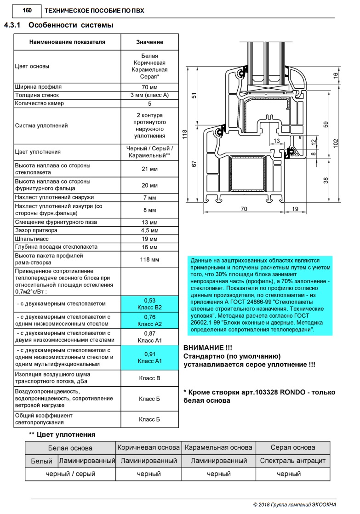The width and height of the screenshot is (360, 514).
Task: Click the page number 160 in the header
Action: pyautogui.click(x=20, y=10)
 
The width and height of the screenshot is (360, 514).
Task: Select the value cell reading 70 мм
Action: pyautogui.click(x=149, y=87)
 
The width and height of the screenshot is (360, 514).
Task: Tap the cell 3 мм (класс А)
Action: pyautogui.click(x=149, y=95)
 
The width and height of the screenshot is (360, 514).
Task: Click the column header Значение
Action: pyautogui.click(x=149, y=42)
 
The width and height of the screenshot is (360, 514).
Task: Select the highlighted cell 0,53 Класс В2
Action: pyautogui.click(x=149, y=303)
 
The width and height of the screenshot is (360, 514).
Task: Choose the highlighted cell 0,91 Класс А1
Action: pyautogui.click(x=149, y=358)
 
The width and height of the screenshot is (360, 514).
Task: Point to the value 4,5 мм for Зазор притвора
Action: pyautogui.click(x=149, y=231)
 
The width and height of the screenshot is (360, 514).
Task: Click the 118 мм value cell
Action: pyautogui.click(x=149, y=260)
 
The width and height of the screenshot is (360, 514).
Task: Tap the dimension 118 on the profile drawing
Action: pyautogui.click(x=185, y=134)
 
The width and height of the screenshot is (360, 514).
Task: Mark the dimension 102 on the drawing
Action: pyautogui.click(x=336, y=143)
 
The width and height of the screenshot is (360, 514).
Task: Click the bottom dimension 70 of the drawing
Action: pyautogui.click(x=244, y=209)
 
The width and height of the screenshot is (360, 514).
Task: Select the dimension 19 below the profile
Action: pyautogui.click(x=295, y=209)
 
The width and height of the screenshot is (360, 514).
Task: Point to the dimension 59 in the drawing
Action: pyautogui.click(x=326, y=124)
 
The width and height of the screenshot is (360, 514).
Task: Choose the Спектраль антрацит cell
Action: pyautogui.click(x=292, y=461)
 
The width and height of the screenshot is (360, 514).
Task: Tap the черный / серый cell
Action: pyautogui.click(x=70, y=474)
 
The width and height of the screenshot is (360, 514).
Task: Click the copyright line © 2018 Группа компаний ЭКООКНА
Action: pyautogui.click(x=295, y=504)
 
